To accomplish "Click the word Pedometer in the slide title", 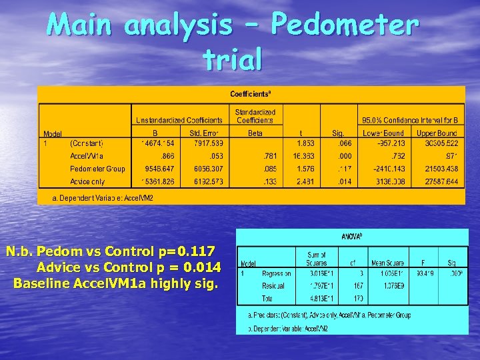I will [344, 26].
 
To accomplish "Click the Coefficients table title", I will [251, 94].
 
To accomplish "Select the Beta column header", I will [255, 133].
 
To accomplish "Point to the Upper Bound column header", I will [437, 133].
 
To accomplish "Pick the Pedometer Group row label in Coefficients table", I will [97, 169].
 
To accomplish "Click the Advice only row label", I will [87, 181].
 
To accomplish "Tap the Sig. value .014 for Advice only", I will [344, 181].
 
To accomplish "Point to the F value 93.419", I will [424, 273].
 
